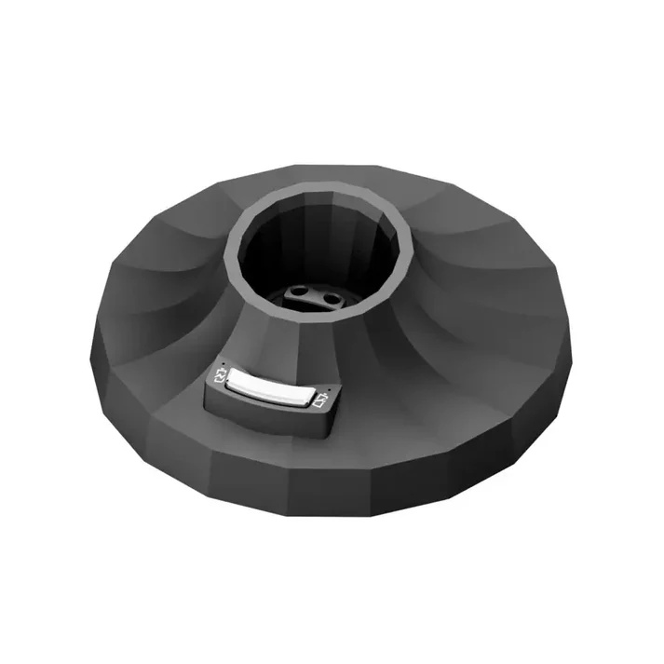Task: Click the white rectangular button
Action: click(x=270, y=388)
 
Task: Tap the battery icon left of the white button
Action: click(x=221, y=376)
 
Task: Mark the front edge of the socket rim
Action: click(x=307, y=321)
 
